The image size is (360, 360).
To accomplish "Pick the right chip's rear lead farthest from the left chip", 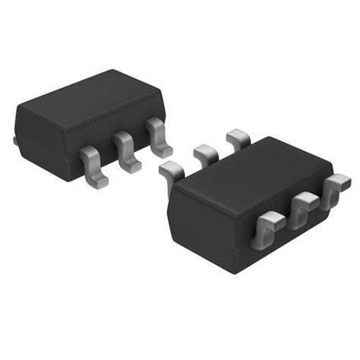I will tap(238, 137).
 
